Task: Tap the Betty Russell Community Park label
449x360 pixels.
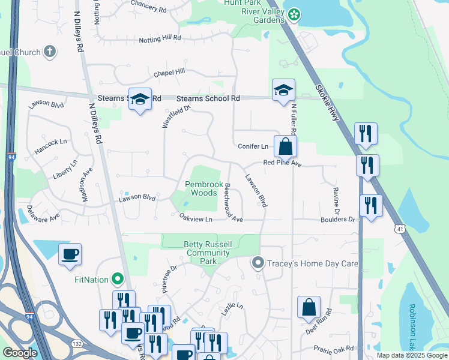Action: point(208,248)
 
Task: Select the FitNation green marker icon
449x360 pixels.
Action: point(118,278)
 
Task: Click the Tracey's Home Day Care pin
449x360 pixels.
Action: point(258,263)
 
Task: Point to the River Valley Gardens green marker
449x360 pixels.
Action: point(294,13)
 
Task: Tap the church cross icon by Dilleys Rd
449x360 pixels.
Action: point(50,52)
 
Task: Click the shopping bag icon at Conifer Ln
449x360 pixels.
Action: point(285,146)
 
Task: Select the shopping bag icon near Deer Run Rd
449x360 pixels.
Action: point(309,307)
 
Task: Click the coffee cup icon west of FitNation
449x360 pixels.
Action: point(70,254)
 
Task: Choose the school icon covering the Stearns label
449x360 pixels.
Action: point(140,99)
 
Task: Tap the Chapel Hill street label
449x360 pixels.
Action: point(169,73)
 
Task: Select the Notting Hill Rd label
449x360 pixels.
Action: point(160,38)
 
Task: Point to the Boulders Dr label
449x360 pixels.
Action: point(339,220)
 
